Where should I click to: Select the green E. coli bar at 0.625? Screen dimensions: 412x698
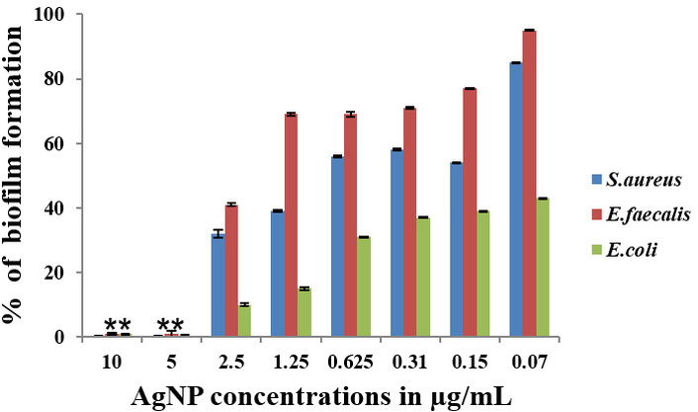(x=363, y=287)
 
